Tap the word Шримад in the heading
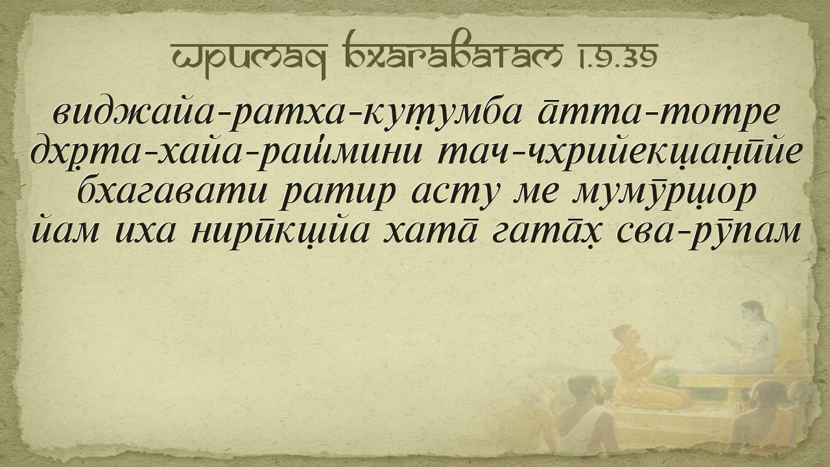click(249, 58)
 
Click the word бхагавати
click(172, 192)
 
